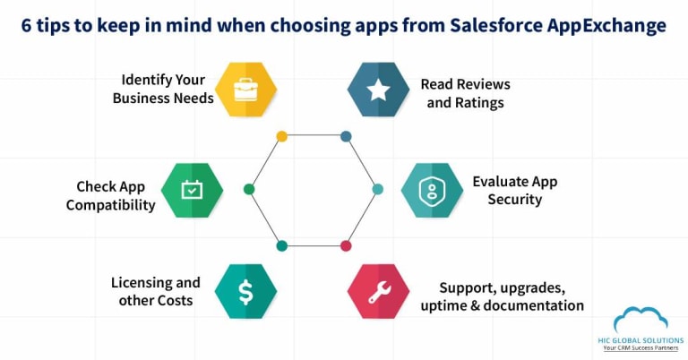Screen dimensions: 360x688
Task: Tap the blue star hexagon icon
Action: click(x=378, y=90)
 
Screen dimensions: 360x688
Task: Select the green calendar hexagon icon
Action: click(x=192, y=190)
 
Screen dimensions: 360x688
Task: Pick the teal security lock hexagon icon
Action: click(x=431, y=190)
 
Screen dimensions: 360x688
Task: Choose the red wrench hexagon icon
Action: click(x=378, y=291)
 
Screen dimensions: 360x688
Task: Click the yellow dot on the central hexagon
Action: click(x=281, y=136)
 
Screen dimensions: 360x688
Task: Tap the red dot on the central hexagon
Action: click(x=346, y=245)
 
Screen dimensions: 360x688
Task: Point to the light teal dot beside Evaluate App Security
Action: click(x=377, y=189)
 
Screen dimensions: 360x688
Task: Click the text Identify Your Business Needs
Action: click(x=163, y=90)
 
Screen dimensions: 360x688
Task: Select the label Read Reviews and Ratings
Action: click(x=465, y=93)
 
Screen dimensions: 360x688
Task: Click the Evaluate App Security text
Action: click(x=514, y=190)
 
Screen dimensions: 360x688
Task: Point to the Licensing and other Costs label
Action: click(x=156, y=291)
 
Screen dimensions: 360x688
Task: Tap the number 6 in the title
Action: click(x=28, y=25)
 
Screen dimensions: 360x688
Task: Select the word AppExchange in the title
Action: click(x=610, y=25)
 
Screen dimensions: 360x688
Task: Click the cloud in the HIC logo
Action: click(x=641, y=320)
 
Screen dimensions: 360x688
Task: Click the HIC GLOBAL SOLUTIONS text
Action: click(x=641, y=340)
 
